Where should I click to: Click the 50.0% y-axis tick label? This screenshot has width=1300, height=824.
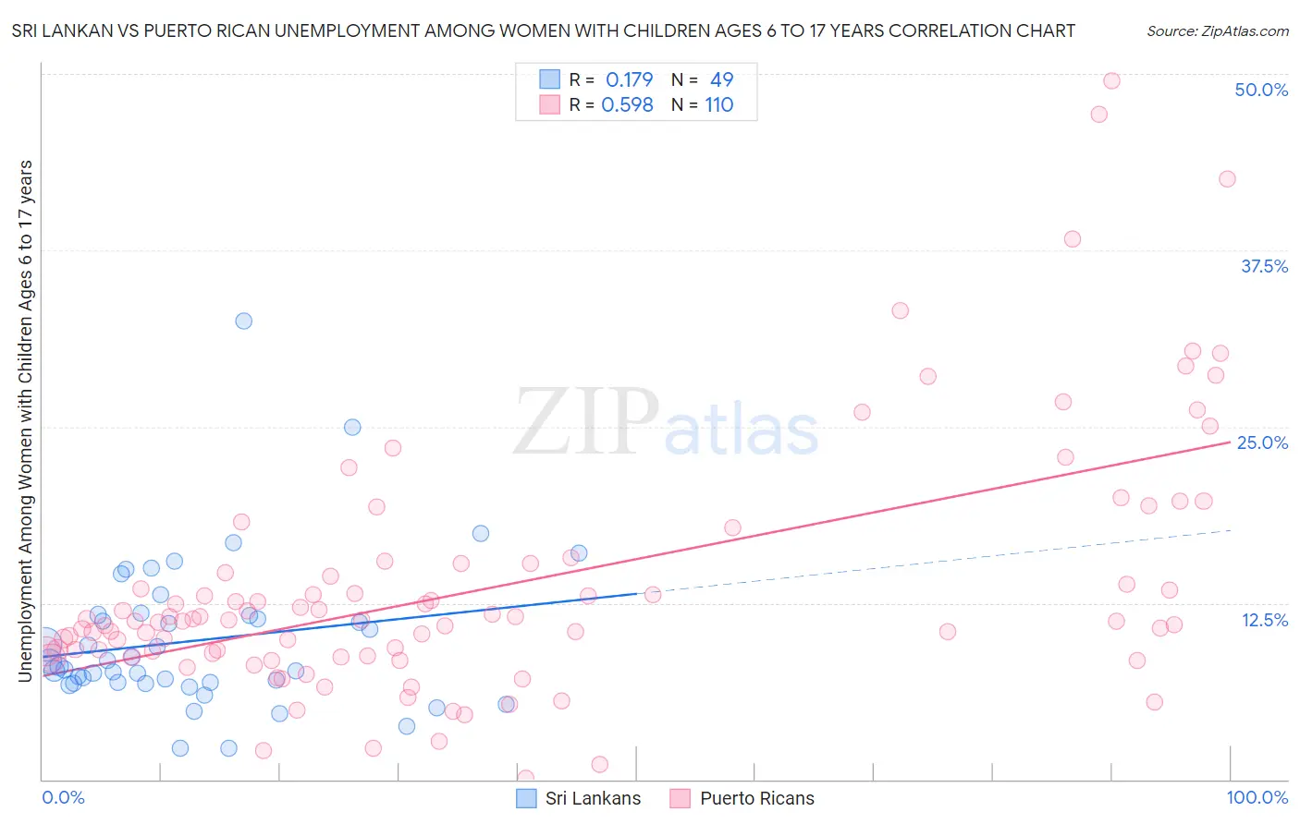click(x=1261, y=90)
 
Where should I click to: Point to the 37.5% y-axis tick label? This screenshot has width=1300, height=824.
click(x=1264, y=266)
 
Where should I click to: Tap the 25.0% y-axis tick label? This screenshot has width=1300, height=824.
click(x=1262, y=442)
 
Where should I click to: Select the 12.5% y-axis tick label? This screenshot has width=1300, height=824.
click(x=1264, y=620)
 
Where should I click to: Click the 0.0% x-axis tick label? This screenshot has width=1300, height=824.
click(x=63, y=797)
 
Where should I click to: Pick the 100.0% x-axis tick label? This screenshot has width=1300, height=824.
click(x=1257, y=797)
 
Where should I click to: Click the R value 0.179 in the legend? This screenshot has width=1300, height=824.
click(x=629, y=79)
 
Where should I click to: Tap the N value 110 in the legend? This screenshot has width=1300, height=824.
click(x=718, y=104)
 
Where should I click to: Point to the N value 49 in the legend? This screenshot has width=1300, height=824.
click(x=721, y=79)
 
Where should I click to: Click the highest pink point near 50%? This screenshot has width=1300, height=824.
click(x=1111, y=80)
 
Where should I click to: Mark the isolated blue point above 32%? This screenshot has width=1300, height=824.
click(x=243, y=321)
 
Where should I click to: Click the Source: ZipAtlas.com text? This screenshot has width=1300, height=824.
click(x=1217, y=30)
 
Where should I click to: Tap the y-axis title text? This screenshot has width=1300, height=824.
click(x=25, y=420)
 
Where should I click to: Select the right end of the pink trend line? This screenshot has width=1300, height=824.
click(x=1229, y=442)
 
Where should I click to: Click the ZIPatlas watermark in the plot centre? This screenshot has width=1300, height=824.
click(x=666, y=424)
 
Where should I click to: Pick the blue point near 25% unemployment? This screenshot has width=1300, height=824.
click(x=352, y=427)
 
